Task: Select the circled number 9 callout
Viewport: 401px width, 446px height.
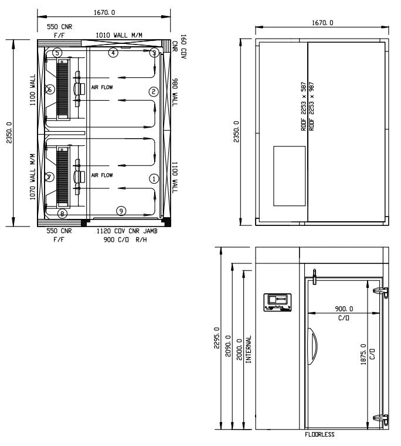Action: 120,210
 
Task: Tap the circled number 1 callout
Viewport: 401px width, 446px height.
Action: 154,179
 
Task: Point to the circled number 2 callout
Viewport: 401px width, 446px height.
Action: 154,91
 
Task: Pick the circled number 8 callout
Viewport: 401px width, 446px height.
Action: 62,213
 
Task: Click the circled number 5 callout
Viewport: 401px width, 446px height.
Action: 57,53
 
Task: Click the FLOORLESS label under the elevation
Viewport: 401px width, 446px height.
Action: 320,435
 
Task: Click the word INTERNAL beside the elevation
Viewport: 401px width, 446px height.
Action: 249,350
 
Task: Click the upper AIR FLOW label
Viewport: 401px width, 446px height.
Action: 102,87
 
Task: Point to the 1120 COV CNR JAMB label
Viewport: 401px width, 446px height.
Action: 126,231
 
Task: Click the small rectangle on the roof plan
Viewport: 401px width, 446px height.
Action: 290,176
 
